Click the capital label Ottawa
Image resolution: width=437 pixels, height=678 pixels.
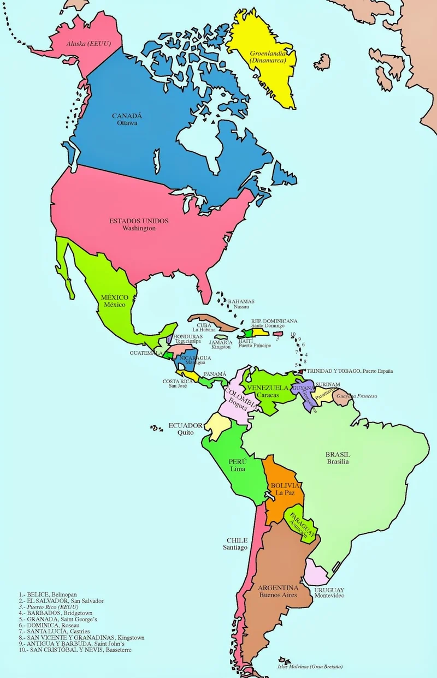[x=127, y=123]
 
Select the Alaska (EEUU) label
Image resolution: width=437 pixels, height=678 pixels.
[x=88, y=43]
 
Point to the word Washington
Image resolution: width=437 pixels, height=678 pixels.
[x=139, y=228]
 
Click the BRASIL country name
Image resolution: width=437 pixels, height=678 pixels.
[x=338, y=454]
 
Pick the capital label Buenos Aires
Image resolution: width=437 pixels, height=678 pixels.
[x=278, y=594]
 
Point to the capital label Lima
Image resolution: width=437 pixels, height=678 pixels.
[x=237, y=469]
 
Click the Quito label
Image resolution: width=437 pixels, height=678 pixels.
[x=185, y=433]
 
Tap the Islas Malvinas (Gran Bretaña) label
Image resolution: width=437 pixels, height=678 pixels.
[x=310, y=667]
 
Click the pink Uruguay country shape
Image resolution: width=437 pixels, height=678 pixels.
[x=315, y=573]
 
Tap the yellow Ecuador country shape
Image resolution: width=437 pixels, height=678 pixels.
[x=216, y=425]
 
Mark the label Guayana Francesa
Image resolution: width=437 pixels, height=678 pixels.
[x=358, y=396]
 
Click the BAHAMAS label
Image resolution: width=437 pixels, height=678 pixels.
[x=241, y=301]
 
